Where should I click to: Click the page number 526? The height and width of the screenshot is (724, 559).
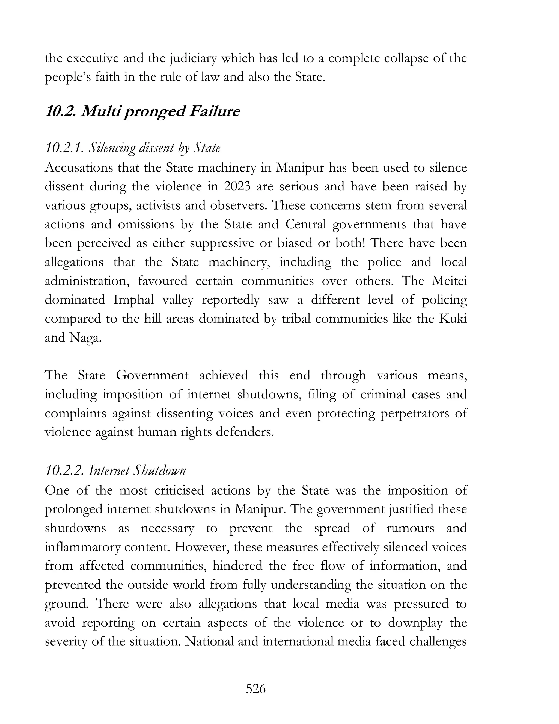pyautogui.click(x=256, y=689)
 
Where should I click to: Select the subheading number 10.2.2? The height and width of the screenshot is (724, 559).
pyautogui.click(x=65, y=470)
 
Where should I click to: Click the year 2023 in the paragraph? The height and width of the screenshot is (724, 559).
pyautogui.click(x=238, y=187)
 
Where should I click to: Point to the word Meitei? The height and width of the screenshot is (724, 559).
pyautogui.click(x=449, y=281)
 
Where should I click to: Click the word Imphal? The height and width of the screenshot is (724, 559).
pyautogui.click(x=133, y=300)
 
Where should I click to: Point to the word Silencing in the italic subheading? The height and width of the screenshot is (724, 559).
pyautogui.click(x=112, y=148)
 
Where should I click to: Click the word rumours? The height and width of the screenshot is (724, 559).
pyautogui.click(x=410, y=528)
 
